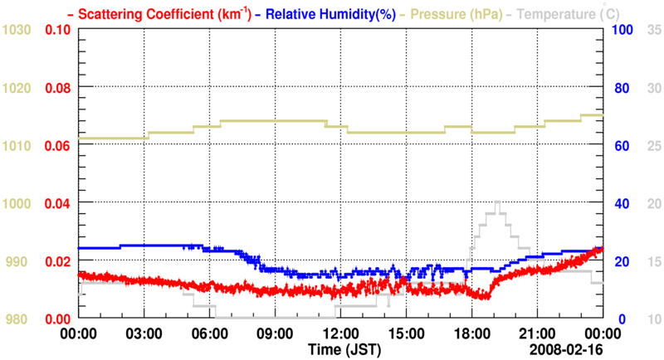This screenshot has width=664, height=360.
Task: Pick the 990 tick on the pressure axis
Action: coord(20,261)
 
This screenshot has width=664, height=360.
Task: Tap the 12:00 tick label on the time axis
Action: coord(339,333)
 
